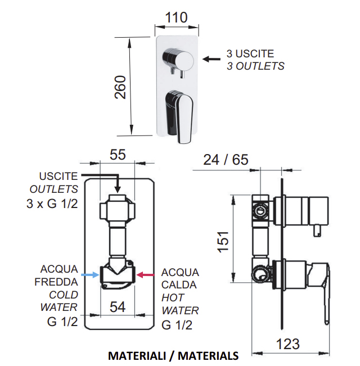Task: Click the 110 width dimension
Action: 176,17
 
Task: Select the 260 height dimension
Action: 120,87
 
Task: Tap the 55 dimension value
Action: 118,155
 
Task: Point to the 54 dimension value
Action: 118,307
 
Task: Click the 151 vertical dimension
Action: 223,242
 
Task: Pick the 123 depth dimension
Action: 287,344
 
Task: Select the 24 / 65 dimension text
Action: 226,160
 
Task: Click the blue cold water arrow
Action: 91,275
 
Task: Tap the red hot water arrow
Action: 145,275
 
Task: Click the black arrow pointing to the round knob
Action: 211,59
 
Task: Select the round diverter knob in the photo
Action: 178,60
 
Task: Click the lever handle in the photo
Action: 179,116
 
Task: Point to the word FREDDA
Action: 56,282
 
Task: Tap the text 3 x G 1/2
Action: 52,204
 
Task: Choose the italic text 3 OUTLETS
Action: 255,66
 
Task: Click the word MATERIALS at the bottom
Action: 208,356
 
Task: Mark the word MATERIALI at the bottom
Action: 137,356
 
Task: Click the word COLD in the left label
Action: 64,295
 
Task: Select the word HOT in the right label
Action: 173,297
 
